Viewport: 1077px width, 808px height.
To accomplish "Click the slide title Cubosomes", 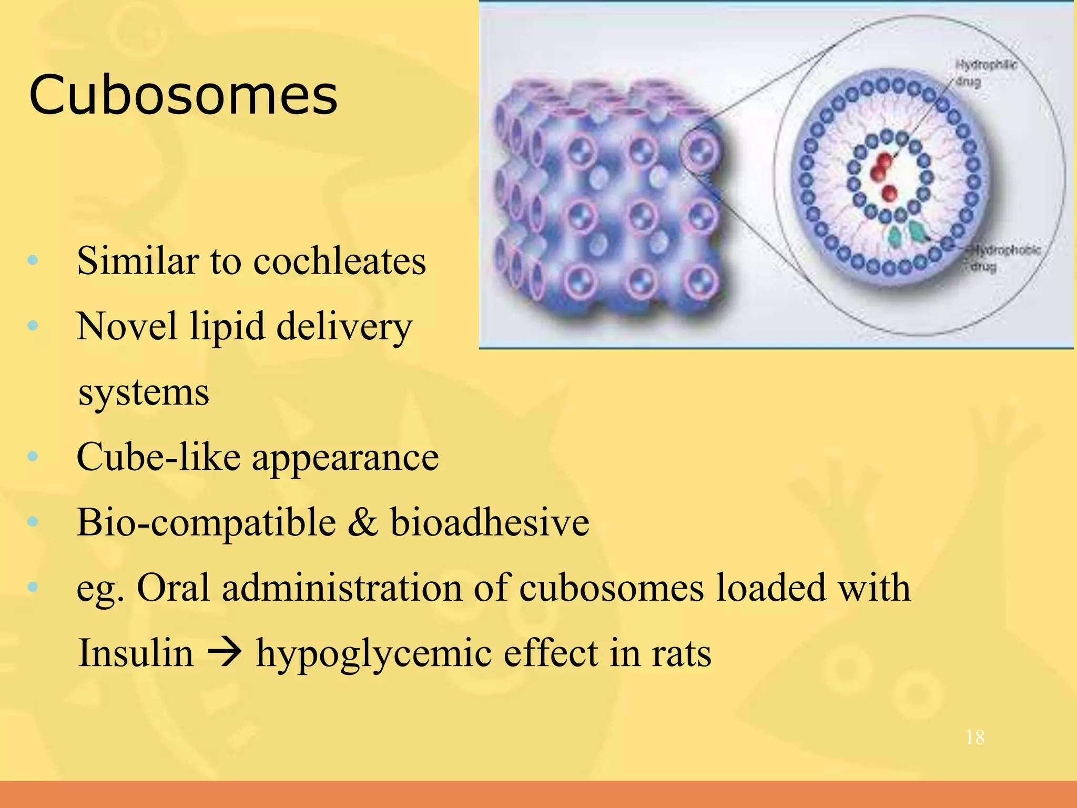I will (x=183, y=96).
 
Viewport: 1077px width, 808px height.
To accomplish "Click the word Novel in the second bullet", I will (x=127, y=327).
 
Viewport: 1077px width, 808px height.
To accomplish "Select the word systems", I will (x=144, y=392).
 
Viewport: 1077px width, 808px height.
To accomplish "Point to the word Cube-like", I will (x=158, y=457).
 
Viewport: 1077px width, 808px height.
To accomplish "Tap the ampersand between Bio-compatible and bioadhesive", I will (x=363, y=522).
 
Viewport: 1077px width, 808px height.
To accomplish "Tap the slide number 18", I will (x=975, y=738).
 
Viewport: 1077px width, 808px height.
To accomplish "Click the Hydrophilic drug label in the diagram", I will (x=984, y=73).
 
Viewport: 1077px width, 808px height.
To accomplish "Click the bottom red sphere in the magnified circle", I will (x=889, y=193).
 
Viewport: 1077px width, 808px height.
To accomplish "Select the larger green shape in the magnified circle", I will (x=918, y=231).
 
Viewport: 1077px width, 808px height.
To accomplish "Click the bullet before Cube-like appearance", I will (x=33, y=456).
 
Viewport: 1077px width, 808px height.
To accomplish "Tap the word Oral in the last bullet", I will (x=173, y=588).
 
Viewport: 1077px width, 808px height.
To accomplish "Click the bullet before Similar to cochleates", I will (x=33, y=260).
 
